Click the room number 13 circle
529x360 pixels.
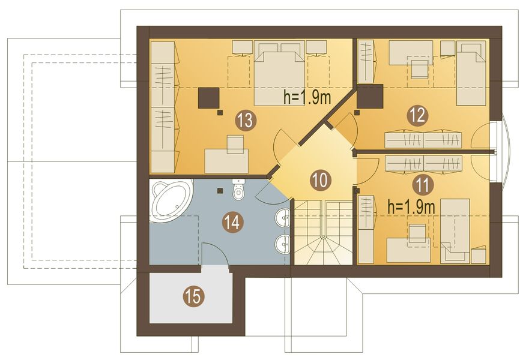click(246, 121)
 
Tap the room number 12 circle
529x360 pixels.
click(417, 116)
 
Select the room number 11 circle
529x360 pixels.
click(422, 185)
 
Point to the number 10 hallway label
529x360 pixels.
click(320, 180)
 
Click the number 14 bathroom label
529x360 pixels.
click(233, 223)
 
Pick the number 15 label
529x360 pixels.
click(194, 296)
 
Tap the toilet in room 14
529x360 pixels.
click(238, 190)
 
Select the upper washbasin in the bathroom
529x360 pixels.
click(283, 217)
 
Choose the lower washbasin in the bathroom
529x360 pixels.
click(283, 244)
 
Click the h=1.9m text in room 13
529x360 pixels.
click(307, 97)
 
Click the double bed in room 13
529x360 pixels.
click(280, 73)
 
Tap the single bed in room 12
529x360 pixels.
click(471, 73)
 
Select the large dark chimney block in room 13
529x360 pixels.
click(209, 98)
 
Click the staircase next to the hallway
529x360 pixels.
click(324, 232)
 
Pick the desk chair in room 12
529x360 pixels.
click(419, 68)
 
